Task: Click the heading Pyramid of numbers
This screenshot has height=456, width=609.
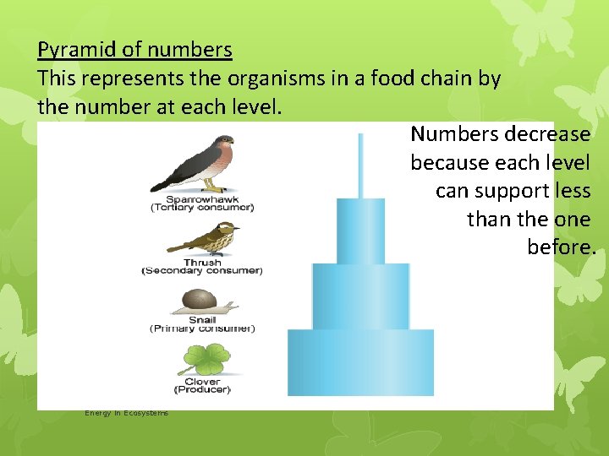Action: [x=134, y=50]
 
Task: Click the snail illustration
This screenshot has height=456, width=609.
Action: [x=202, y=301]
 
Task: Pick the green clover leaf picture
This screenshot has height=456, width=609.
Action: [x=203, y=360]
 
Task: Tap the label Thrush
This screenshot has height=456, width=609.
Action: [x=202, y=263]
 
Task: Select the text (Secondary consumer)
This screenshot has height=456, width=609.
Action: [x=202, y=271]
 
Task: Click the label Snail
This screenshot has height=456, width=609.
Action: [x=202, y=320]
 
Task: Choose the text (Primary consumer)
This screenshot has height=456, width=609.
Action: [x=202, y=328]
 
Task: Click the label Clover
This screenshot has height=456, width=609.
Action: [x=202, y=381]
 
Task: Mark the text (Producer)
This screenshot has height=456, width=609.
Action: [x=202, y=389]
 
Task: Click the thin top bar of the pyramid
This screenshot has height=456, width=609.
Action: [x=361, y=166]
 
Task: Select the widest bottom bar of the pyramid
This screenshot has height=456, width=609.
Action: [x=361, y=361]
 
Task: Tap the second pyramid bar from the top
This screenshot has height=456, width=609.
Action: [x=361, y=231]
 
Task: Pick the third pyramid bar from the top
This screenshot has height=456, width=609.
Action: [x=361, y=296]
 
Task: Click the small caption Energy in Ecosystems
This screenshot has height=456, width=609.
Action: [x=126, y=413]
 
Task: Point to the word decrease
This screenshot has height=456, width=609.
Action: [x=547, y=134]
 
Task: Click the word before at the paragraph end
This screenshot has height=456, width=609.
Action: [x=560, y=247]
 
